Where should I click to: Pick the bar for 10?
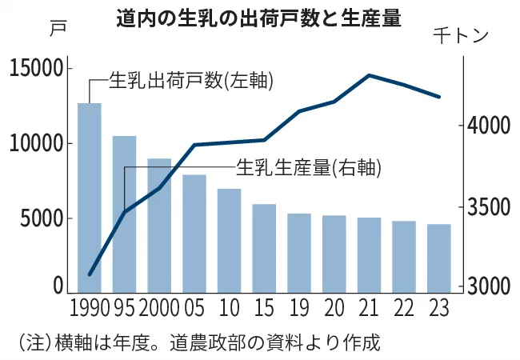(229, 241)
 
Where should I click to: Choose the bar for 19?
(299, 253)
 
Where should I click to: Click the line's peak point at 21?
(369, 75)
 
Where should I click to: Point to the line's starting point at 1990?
(90, 274)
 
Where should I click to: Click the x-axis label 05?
(194, 308)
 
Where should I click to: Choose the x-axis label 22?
(403, 308)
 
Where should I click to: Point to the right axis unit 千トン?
(462, 36)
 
